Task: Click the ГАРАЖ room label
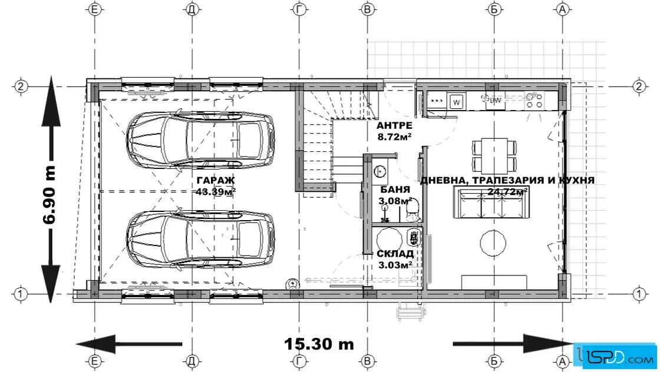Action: (216, 180)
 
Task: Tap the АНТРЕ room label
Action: (394, 125)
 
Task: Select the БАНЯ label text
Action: (395, 190)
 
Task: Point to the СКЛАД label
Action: (395, 254)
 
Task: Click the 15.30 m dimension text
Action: (319, 344)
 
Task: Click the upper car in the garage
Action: (201, 141)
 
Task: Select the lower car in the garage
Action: (201, 239)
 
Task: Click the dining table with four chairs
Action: (494, 155)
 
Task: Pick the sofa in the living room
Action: (491, 202)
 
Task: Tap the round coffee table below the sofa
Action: (493, 243)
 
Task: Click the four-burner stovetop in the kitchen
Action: (534, 101)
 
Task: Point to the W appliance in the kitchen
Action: (456, 102)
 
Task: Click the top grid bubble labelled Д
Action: (192, 9)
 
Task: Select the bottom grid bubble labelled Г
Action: (299, 361)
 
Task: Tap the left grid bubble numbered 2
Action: (21, 87)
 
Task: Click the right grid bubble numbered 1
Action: (639, 293)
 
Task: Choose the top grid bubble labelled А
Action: (562, 9)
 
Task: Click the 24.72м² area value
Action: (507, 192)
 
